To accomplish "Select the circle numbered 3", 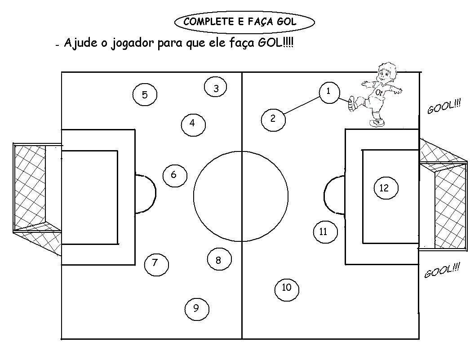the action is tap(216, 88).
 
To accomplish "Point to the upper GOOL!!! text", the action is tap(444, 107).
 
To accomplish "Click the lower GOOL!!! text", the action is tap(442, 271).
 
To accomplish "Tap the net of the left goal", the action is tap(30, 187).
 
